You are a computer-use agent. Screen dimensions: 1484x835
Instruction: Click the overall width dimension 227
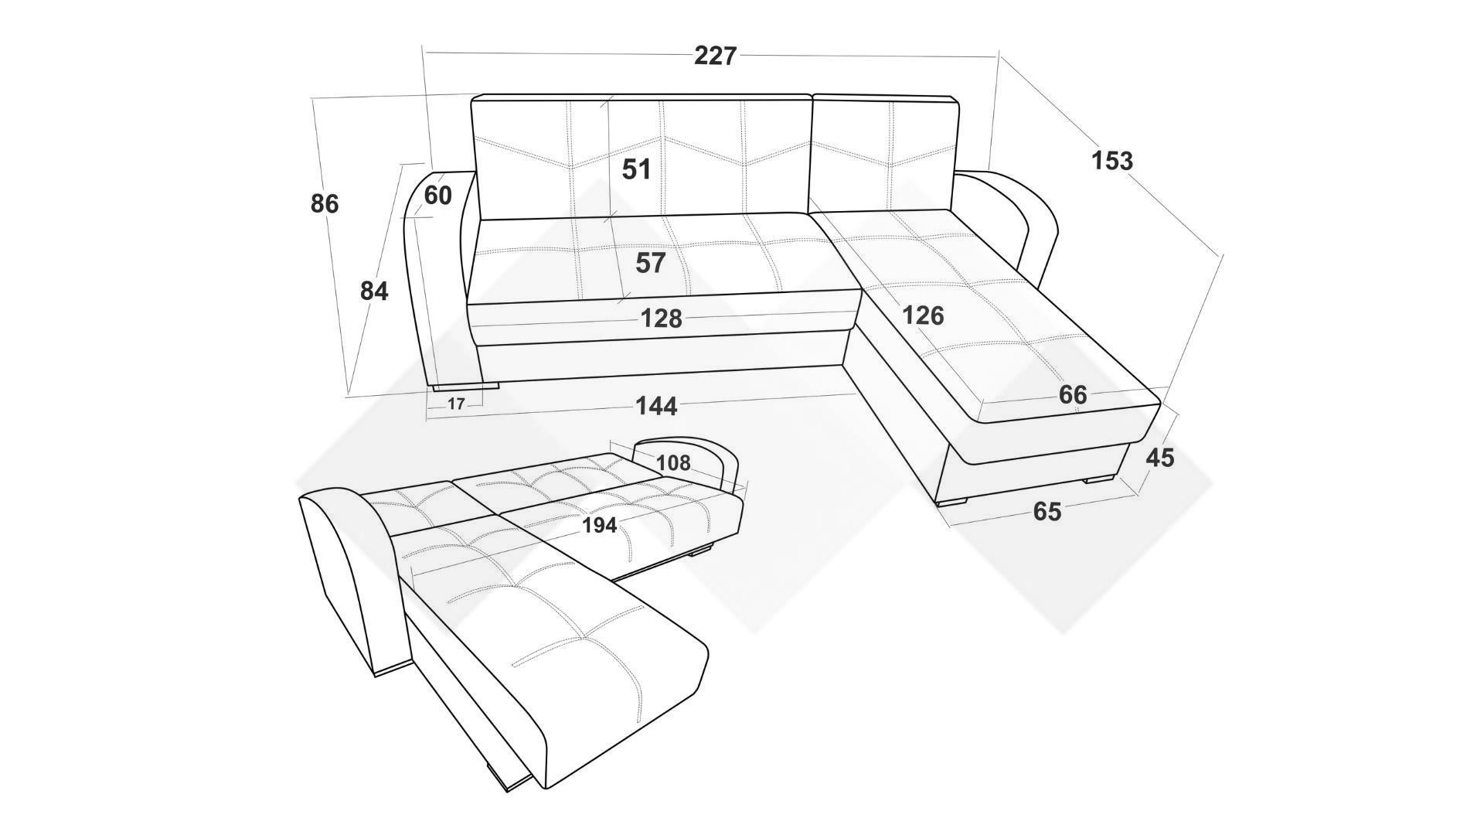[x=716, y=56]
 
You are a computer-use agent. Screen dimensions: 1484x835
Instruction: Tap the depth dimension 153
[x=1112, y=161]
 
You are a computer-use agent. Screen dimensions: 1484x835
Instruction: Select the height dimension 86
[x=325, y=204]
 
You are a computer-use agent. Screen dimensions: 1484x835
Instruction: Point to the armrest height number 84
[x=374, y=291]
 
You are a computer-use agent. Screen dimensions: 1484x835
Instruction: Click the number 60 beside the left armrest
[x=437, y=196]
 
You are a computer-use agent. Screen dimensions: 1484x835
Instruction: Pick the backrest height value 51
[x=637, y=169]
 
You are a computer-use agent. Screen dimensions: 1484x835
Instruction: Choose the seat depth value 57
[x=650, y=263]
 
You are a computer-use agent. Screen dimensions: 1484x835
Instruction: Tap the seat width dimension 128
[x=662, y=319]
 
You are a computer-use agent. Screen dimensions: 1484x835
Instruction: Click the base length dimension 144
[x=656, y=406]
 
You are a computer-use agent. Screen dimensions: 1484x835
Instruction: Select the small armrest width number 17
[x=456, y=404]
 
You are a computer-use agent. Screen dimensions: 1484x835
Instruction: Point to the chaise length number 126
[x=923, y=315]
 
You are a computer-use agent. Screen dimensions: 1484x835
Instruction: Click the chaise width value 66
[x=1073, y=395]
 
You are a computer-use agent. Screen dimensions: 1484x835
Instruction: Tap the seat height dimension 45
[x=1160, y=458]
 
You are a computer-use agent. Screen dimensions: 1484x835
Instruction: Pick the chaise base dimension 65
[x=1047, y=512]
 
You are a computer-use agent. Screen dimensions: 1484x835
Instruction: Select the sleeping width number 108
[x=673, y=463]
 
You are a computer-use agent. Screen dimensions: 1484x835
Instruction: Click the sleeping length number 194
[x=600, y=526]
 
